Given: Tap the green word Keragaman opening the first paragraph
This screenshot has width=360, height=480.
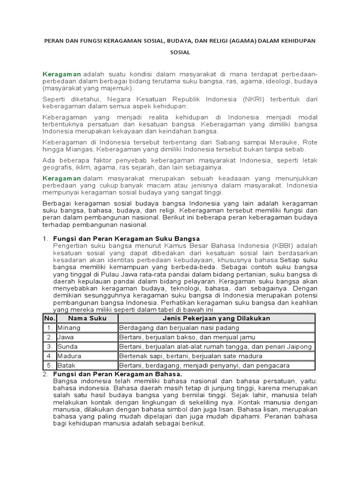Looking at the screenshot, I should tap(62, 74).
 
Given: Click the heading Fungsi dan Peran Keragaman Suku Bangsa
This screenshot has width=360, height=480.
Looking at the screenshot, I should tap(127, 238).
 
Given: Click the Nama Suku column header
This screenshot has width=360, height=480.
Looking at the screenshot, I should tap(88, 318).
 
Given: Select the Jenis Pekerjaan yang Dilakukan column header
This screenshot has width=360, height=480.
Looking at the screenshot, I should tap(217, 318).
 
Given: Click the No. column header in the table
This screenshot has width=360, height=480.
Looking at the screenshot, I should tap(50, 318).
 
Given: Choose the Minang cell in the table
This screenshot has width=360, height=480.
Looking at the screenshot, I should tap(69, 328).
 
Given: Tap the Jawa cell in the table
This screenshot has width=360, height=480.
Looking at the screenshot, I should tap(66, 337).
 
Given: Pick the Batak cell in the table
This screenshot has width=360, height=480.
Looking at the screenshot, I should tap(67, 365).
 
